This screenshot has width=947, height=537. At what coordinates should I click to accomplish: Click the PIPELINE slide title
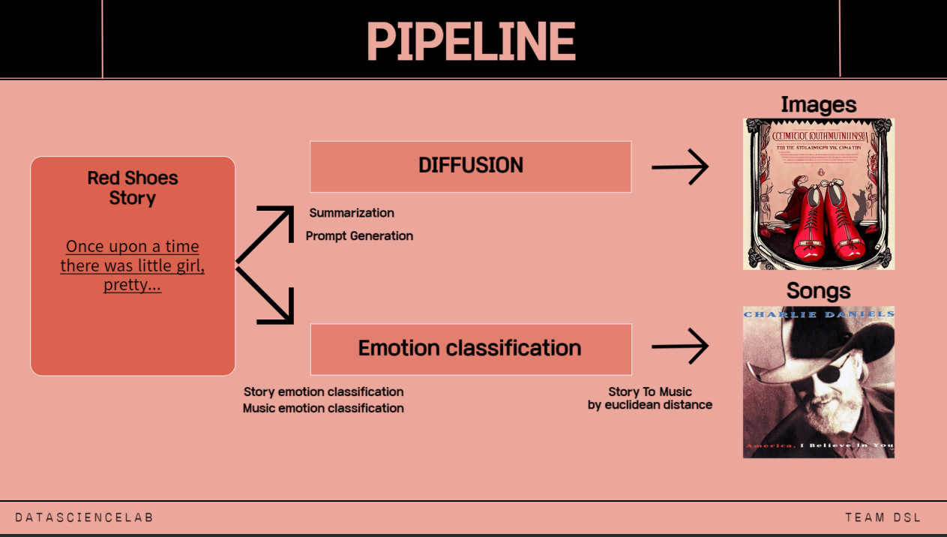pos(471,41)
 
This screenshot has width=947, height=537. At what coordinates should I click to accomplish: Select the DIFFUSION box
pos(470,166)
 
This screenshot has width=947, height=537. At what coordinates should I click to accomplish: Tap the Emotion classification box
pos(470,349)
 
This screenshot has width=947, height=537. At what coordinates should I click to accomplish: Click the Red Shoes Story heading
pos(133,188)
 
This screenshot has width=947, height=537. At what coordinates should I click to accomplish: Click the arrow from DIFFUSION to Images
pos(679,166)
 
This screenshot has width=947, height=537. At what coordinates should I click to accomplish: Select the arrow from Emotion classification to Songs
pos(679,346)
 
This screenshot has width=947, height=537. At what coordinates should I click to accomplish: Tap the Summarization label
pos(352,213)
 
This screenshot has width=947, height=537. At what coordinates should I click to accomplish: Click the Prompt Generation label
pos(359,236)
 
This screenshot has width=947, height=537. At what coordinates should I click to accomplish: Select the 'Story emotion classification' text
pos(323,392)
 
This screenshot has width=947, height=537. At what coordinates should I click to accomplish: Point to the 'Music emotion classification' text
pos(323,409)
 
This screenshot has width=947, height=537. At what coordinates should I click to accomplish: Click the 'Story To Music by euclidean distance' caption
pos(649,398)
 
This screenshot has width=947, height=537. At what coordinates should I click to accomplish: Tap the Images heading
pos(818,104)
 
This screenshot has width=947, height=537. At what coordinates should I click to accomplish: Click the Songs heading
pos(818,291)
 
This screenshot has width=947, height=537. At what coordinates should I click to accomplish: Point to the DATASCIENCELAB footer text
pos(84,517)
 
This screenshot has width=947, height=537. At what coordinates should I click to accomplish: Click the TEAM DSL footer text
pos(883,517)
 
